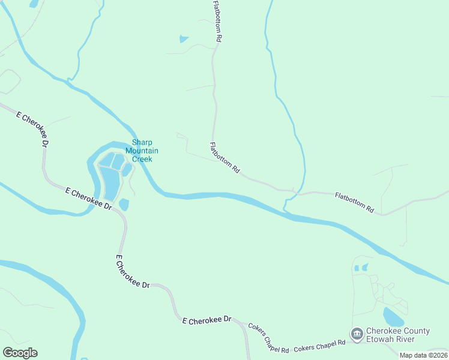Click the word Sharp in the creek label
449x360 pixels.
(142, 142)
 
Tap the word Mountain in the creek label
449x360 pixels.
(142, 151)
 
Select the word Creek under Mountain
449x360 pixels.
(142, 159)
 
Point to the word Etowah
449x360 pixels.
(381, 339)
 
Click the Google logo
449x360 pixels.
(20, 353)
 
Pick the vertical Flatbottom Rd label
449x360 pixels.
(218, 20)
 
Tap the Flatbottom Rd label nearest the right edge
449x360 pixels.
(354, 202)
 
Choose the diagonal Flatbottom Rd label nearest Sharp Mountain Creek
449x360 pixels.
(224, 158)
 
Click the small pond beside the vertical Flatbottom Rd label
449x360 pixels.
(184, 40)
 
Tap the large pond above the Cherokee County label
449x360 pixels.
(393, 316)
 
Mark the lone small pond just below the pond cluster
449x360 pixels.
(124, 205)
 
